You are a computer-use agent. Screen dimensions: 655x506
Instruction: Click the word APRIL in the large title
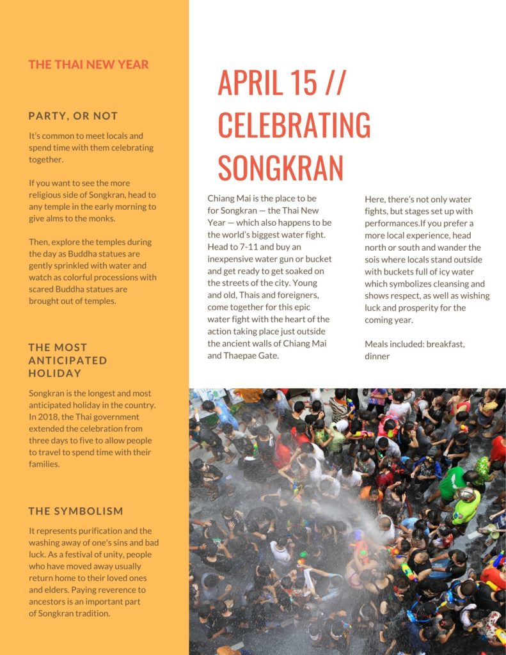point(258,82)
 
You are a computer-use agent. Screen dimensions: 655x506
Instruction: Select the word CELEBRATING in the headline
point(294,125)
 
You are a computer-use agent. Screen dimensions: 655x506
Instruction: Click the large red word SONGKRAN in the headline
point(280,167)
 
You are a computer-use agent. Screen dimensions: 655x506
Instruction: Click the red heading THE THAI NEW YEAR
point(88,65)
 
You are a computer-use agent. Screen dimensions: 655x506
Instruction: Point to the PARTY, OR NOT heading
point(73,116)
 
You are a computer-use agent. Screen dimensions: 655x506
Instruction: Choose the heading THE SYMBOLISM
point(75,511)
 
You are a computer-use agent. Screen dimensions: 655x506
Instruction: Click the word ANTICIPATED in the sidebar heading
point(68,360)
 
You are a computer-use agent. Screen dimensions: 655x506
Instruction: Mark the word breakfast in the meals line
point(445,344)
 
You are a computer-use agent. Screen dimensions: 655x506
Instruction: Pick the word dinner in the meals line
point(377,356)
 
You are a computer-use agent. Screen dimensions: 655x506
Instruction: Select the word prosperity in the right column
point(434,308)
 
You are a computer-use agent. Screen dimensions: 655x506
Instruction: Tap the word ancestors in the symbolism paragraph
point(50,601)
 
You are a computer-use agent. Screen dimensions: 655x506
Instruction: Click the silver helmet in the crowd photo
point(466,493)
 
